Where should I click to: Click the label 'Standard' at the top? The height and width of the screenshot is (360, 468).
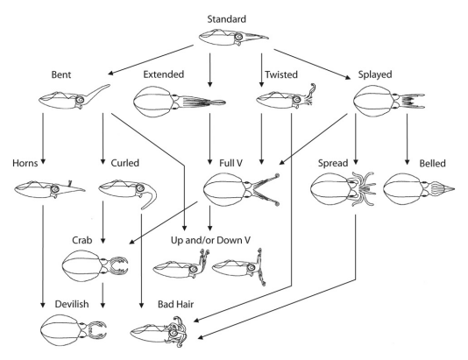point(233,18)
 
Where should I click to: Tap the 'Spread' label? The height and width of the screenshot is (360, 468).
point(335,162)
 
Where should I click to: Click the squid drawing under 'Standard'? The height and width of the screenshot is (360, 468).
point(234,37)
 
